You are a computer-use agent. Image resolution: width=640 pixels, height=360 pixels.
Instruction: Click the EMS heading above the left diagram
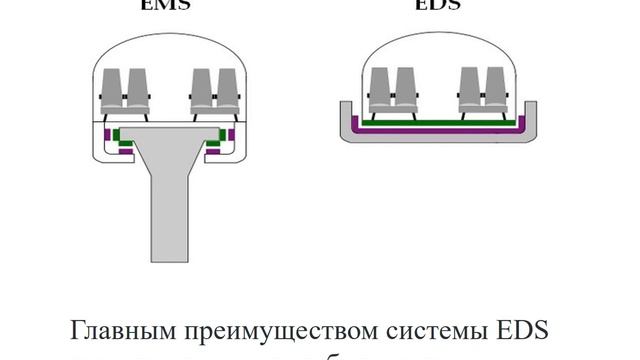[x=169, y=4]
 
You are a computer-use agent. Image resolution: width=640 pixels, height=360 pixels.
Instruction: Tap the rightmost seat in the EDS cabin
[x=496, y=86]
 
